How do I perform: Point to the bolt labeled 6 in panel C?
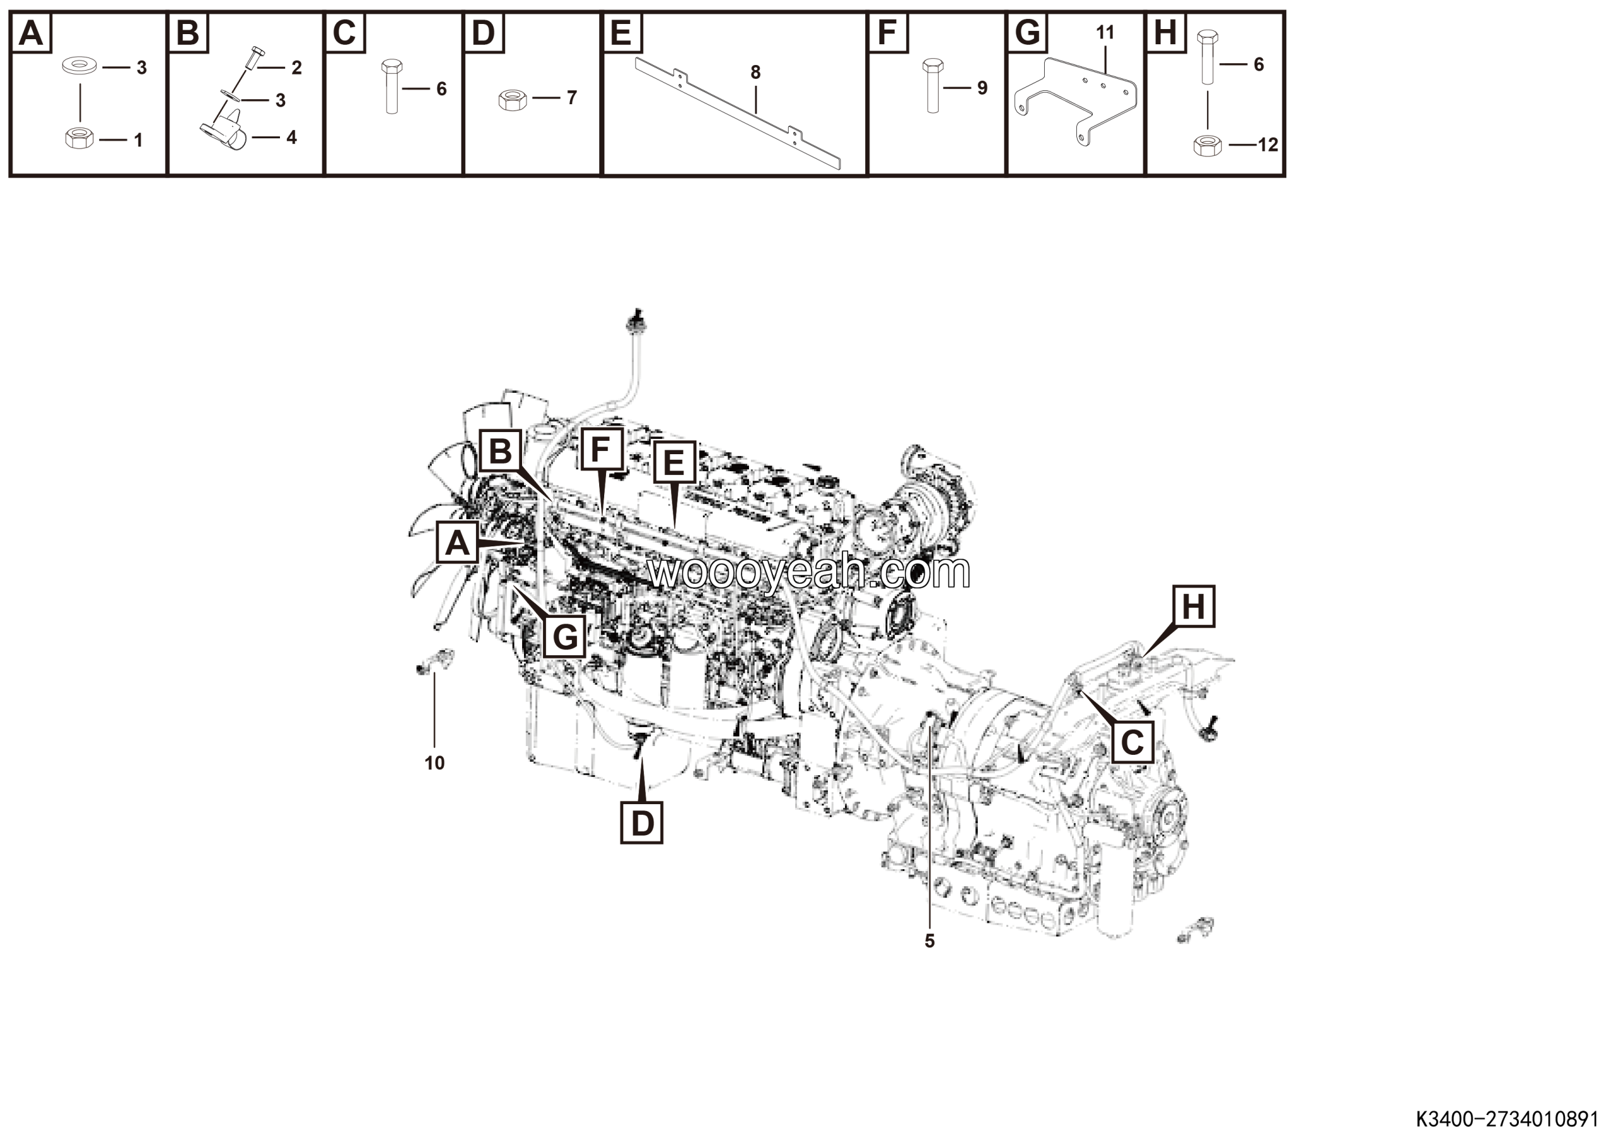tap(392, 87)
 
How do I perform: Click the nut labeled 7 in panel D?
tap(513, 99)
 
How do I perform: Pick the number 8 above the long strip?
tap(755, 72)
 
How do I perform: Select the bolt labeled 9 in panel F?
tap(932, 86)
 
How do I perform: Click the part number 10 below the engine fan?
tap(434, 763)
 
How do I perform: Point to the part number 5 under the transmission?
tap(930, 941)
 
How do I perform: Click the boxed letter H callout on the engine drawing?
tap(1193, 606)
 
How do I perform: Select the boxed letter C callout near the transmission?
tap(1132, 742)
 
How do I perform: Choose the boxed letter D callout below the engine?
tap(642, 822)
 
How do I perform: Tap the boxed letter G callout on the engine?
tap(565, 637)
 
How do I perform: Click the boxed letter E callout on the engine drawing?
tap(674, 463)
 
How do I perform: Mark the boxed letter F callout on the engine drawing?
tap(600, 449)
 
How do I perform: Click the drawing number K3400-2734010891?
tap(1507, 1119)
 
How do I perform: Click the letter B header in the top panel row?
tap(188, 32)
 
